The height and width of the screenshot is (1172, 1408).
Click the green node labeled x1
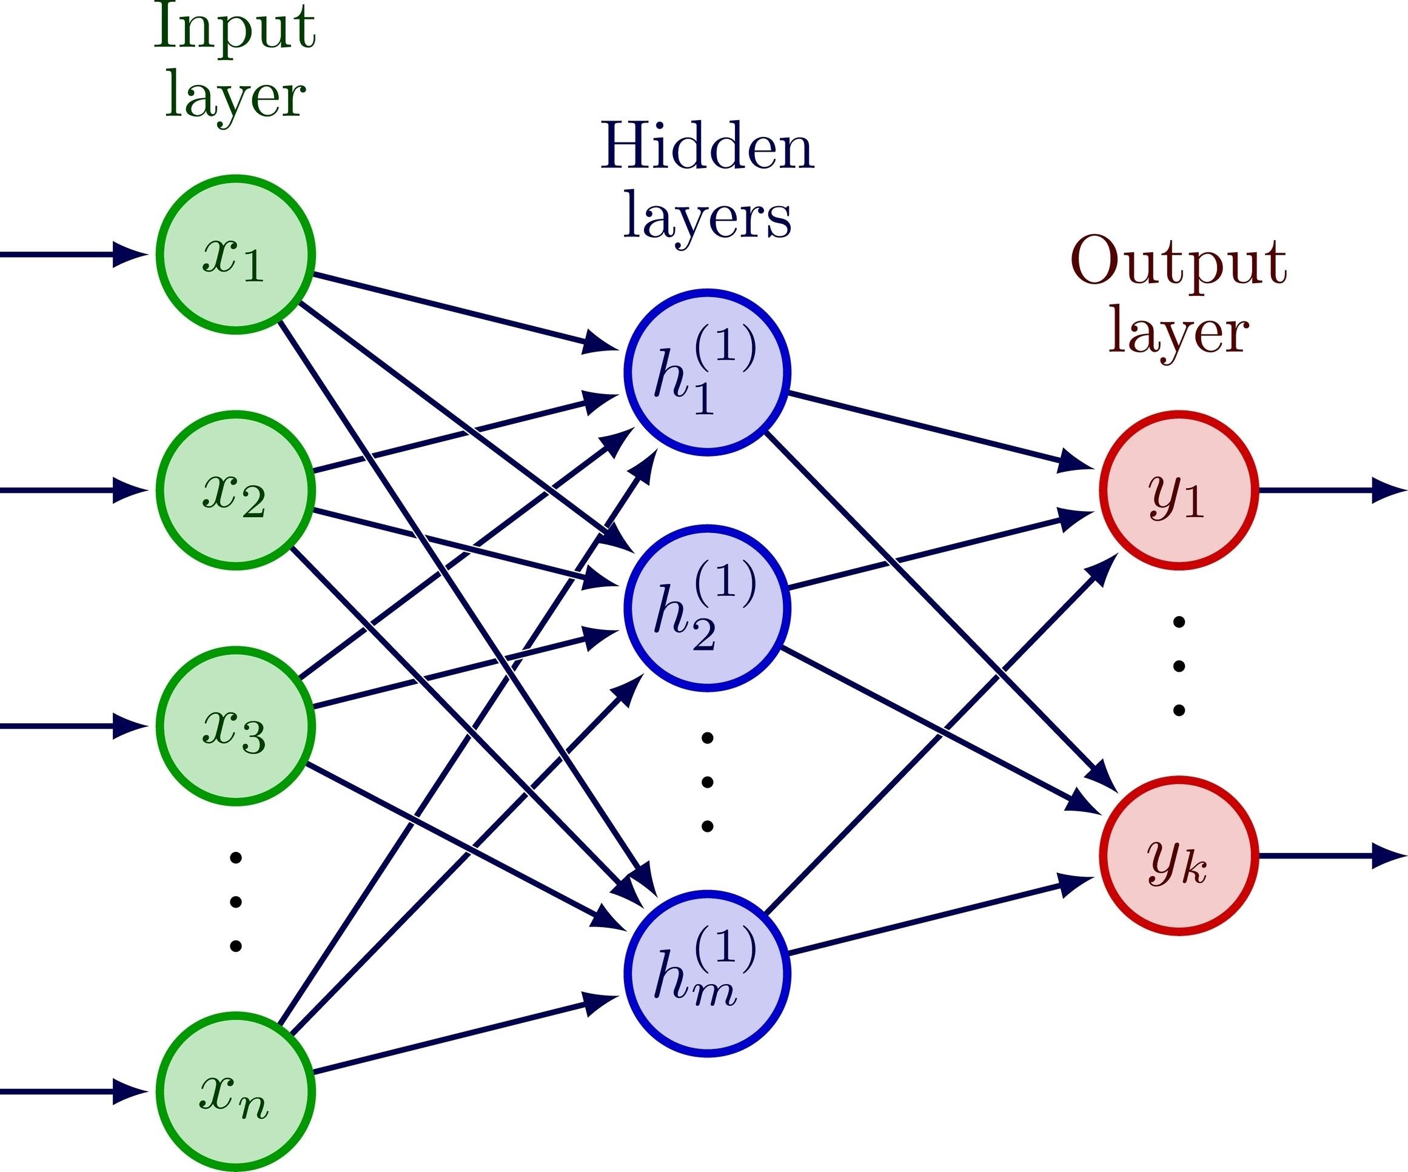[x=235, y=255]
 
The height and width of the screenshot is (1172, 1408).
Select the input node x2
[x=235, y=491]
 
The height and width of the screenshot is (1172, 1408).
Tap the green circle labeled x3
[x=235, y=726]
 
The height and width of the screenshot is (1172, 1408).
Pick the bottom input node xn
[x=235, y=1093]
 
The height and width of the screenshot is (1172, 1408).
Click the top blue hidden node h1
[x=708, y=373]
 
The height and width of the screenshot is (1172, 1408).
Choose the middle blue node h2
[x=708, y=609]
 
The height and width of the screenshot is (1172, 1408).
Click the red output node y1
[x=1179, y=491]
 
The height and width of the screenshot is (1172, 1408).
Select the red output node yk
[x=1179, y=857]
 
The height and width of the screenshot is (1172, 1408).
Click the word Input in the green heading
[x=234, y=30]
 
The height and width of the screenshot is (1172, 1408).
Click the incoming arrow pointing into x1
[x=74, y=255]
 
